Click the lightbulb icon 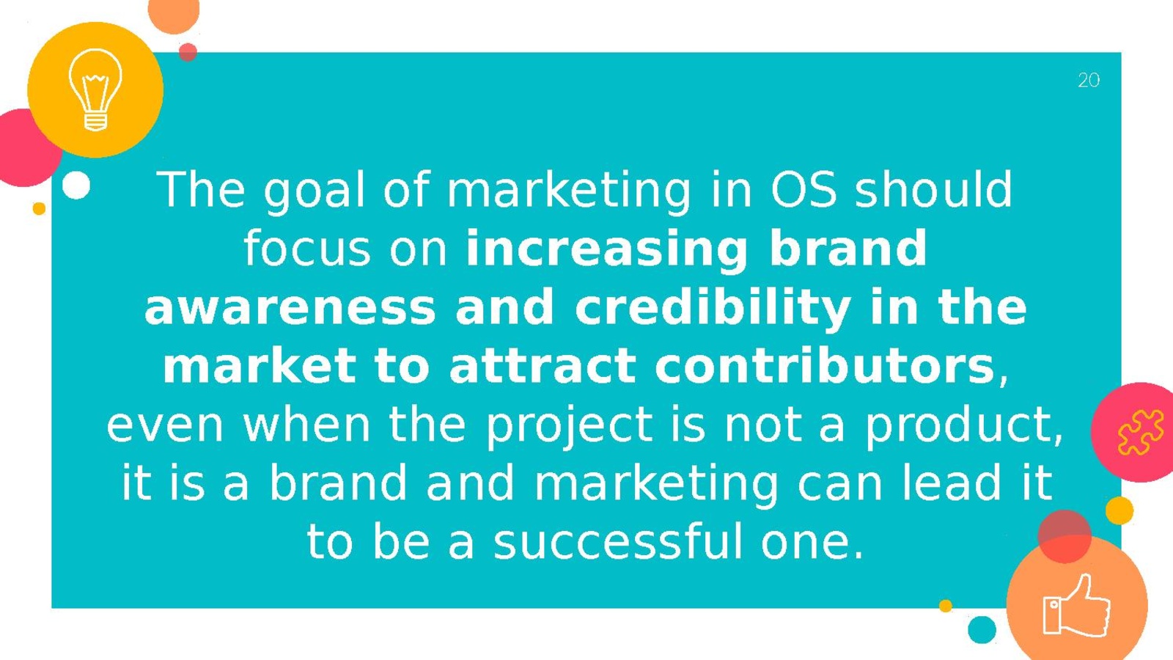click(x=95, y=89)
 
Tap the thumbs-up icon click(x=1077, y=606)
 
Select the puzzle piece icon click(x=1141, y=432)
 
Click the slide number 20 click(x=1089, y=80)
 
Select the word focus click(x=307, y=248)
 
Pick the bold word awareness click(x=290, y=309)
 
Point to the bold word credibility click(x=713, y=309)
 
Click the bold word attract click(x=543, y=366)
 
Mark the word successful click(x=618, y=542)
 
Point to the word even click(x=165, y=426)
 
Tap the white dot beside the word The click(x=76, y=185)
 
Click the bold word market click(x=260, y=366)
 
